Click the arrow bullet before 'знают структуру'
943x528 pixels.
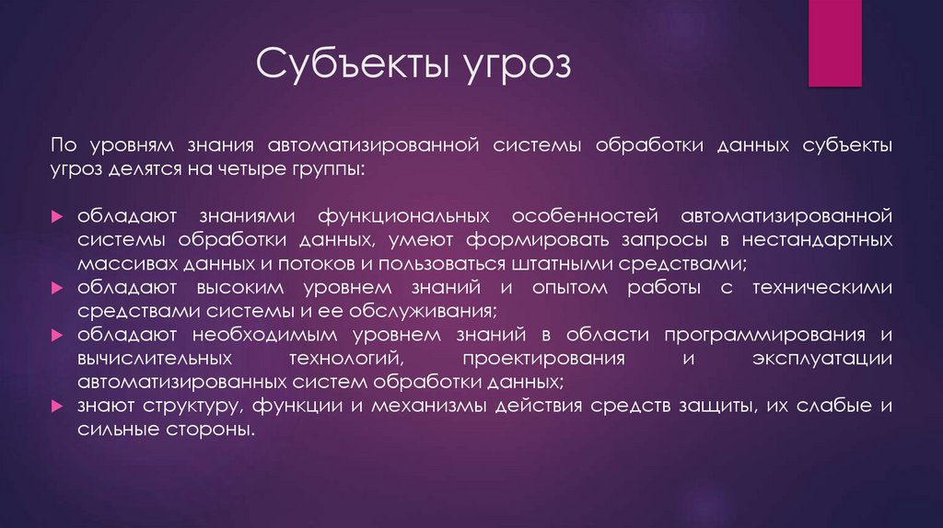click(x=57, y=406)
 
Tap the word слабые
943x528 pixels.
click(x=828, y=405)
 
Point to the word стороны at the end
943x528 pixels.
click(x=214, y=429)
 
